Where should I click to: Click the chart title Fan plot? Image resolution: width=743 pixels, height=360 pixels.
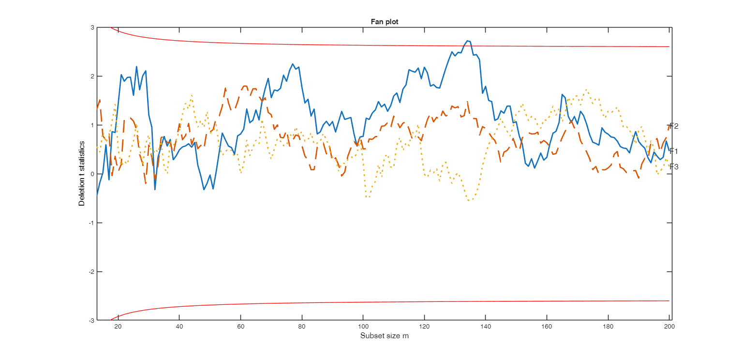click(x=384, y=22)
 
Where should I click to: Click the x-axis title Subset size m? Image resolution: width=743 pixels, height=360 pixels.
click(x=384, y=336)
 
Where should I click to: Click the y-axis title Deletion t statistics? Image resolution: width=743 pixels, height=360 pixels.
click(x=82, y=174)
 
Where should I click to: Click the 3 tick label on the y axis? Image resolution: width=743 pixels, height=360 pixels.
click(x=92, y=28)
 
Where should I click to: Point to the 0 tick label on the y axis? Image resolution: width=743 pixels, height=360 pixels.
click(x=92, y=174)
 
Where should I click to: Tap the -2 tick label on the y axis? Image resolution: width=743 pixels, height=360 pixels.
click(x=91, y=271)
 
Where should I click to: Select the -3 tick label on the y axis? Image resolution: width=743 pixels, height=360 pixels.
click(x=91, y=320)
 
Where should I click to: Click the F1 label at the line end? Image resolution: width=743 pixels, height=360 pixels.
click(x=674, y=151)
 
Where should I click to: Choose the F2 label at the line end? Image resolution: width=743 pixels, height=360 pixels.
click(x=674, y=126)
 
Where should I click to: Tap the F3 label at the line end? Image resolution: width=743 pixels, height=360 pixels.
click(x=674, y=167)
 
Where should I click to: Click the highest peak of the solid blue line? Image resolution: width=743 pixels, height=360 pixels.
click(x=467, y=41)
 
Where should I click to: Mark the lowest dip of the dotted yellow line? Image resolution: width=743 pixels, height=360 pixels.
click(x=469, y=200)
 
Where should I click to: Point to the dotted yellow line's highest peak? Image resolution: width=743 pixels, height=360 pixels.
click(x=587, y=90)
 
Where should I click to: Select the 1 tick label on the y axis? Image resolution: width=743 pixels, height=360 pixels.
click(x=92, y=125)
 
